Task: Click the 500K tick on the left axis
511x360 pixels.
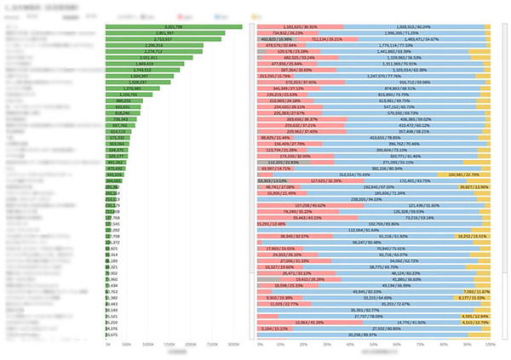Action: click(x=127, y=346)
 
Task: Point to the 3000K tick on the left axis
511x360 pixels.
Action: click(x=233, y=346)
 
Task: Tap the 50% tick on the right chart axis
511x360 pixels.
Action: click(x=374, y=346)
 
